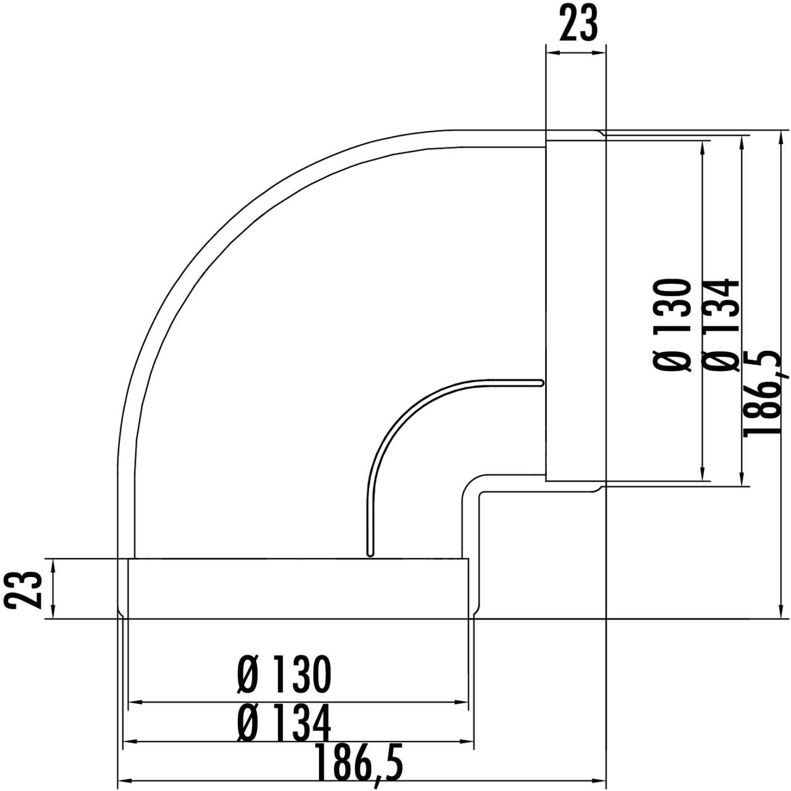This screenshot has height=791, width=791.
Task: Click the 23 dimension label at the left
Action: coord(23,589)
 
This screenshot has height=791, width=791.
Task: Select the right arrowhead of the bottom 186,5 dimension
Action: coord(601,781)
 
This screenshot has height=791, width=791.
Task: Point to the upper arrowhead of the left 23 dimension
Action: coord(54,565)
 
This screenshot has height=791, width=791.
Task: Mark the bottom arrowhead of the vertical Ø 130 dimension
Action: coord(703,475)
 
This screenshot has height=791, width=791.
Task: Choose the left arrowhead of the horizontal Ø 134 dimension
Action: coord(130,742)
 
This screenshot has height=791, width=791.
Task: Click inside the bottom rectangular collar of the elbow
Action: coord(297,588)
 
